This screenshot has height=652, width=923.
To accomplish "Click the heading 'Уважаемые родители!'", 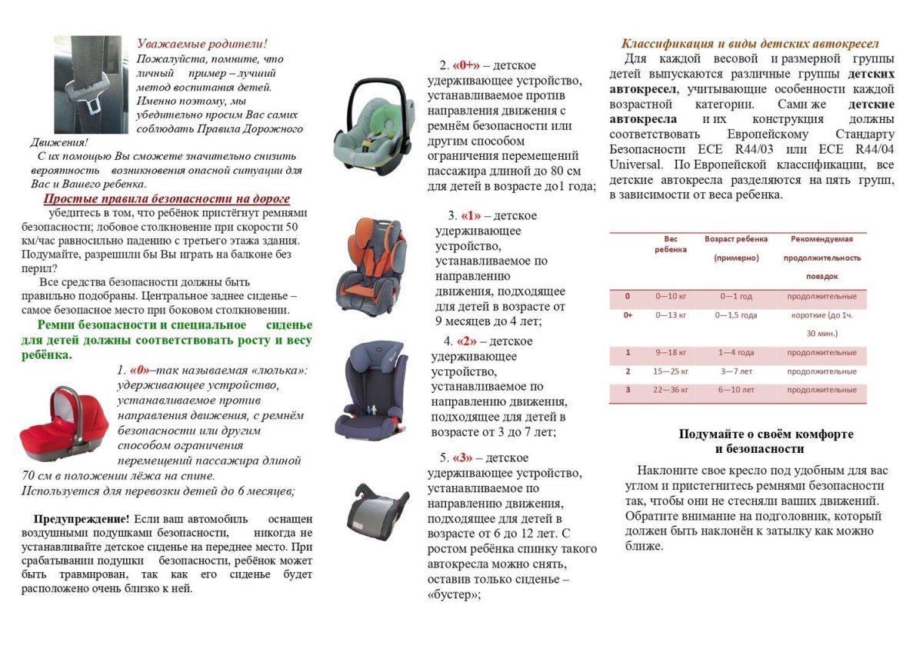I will pyautogui.click(x=202, y=44).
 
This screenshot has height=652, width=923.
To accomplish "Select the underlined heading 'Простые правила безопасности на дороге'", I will pyautogui.click(x=166, y=198).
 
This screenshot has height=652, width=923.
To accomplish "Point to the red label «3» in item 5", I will pyautogui.click(x=465, y=458).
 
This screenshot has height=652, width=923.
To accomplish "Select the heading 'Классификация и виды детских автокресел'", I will pyautogui.click(x=750, y=44).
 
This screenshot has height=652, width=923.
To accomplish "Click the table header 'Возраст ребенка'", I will pyautogui.click(x=736, y=239).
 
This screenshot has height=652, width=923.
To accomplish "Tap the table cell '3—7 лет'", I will pyautogui.click(x=736, y=371).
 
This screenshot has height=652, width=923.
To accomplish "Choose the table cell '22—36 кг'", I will pyautogui.click(x=671, y=390).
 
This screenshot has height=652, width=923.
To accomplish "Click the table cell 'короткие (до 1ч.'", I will pyautogui.click(x=821, y=315).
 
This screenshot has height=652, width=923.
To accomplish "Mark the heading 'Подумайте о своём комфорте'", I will pyautogui.click(x=765, y=434).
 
